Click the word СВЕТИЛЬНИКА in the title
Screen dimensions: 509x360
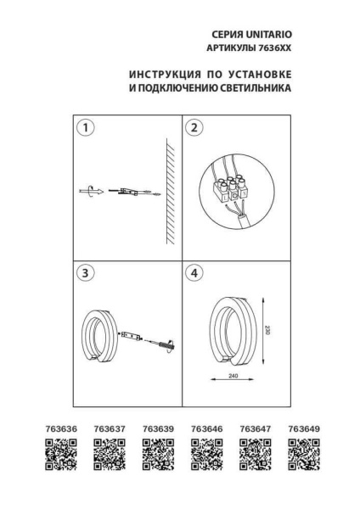click(253, 87)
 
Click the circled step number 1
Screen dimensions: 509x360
click(85, 128)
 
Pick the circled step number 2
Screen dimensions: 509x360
click(195, 128)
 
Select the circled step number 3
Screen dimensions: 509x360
click(85, 273)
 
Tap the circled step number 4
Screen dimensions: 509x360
click(195, 273)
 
